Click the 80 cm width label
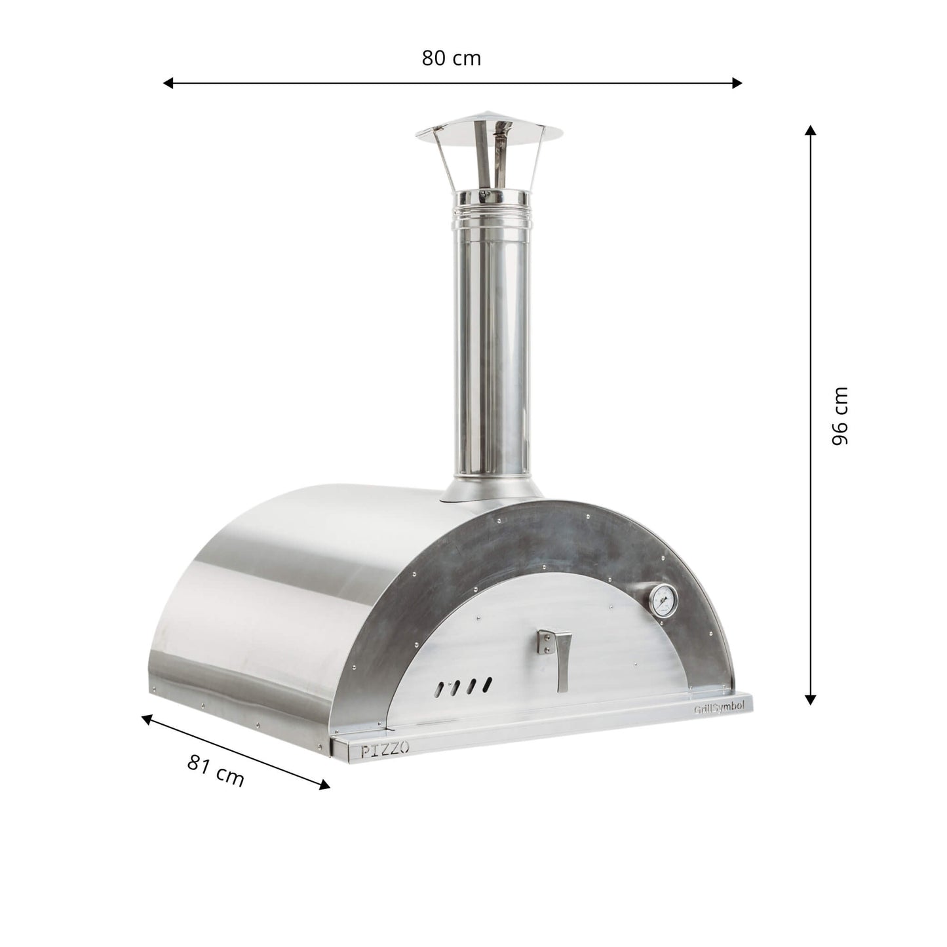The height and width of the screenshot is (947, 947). coord(451,58)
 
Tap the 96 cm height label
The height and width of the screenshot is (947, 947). coord(840,416)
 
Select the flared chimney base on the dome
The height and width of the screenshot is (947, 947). coord(490,490)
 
